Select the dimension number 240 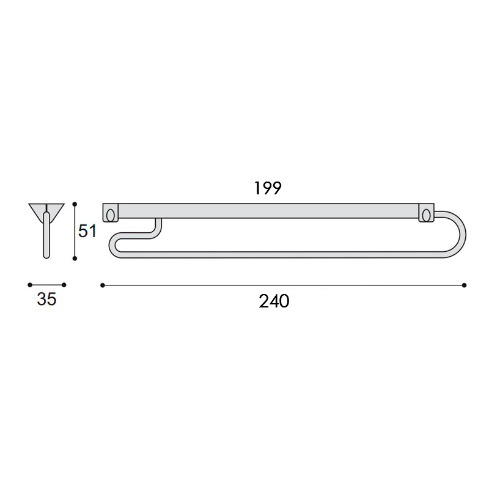click(273, 301)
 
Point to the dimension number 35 click(47, 300)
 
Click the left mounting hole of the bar click(111, 215)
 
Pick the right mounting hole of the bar click(425, 215)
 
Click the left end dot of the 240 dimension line click(103, 285)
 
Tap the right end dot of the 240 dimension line click(465, 285)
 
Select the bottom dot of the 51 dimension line click(75, 259)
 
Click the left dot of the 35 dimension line click(29, 285)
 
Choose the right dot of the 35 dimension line click(64, 285)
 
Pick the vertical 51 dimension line click(75, 231)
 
